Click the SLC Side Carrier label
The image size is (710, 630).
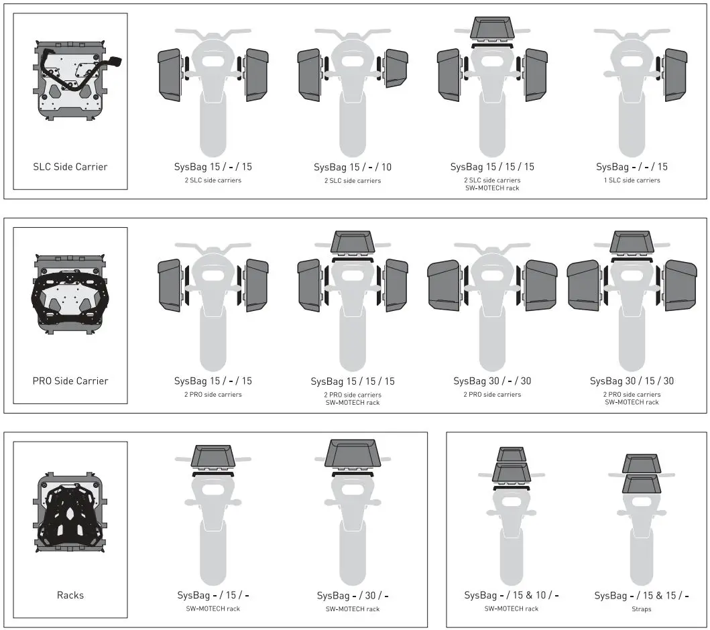70,167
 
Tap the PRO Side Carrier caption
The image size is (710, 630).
70,381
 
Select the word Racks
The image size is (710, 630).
70,595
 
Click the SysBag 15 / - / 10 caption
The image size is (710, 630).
353,167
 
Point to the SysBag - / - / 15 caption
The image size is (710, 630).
632,167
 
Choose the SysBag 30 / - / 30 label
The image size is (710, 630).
492,381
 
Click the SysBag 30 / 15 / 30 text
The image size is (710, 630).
632,381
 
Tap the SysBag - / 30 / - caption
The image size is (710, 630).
353,595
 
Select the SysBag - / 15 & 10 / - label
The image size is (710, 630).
512,595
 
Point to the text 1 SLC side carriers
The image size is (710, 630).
632,180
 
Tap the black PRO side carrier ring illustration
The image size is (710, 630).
70,295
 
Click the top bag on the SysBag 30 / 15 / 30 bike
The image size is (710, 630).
632,242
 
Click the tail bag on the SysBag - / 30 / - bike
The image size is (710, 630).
353,454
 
